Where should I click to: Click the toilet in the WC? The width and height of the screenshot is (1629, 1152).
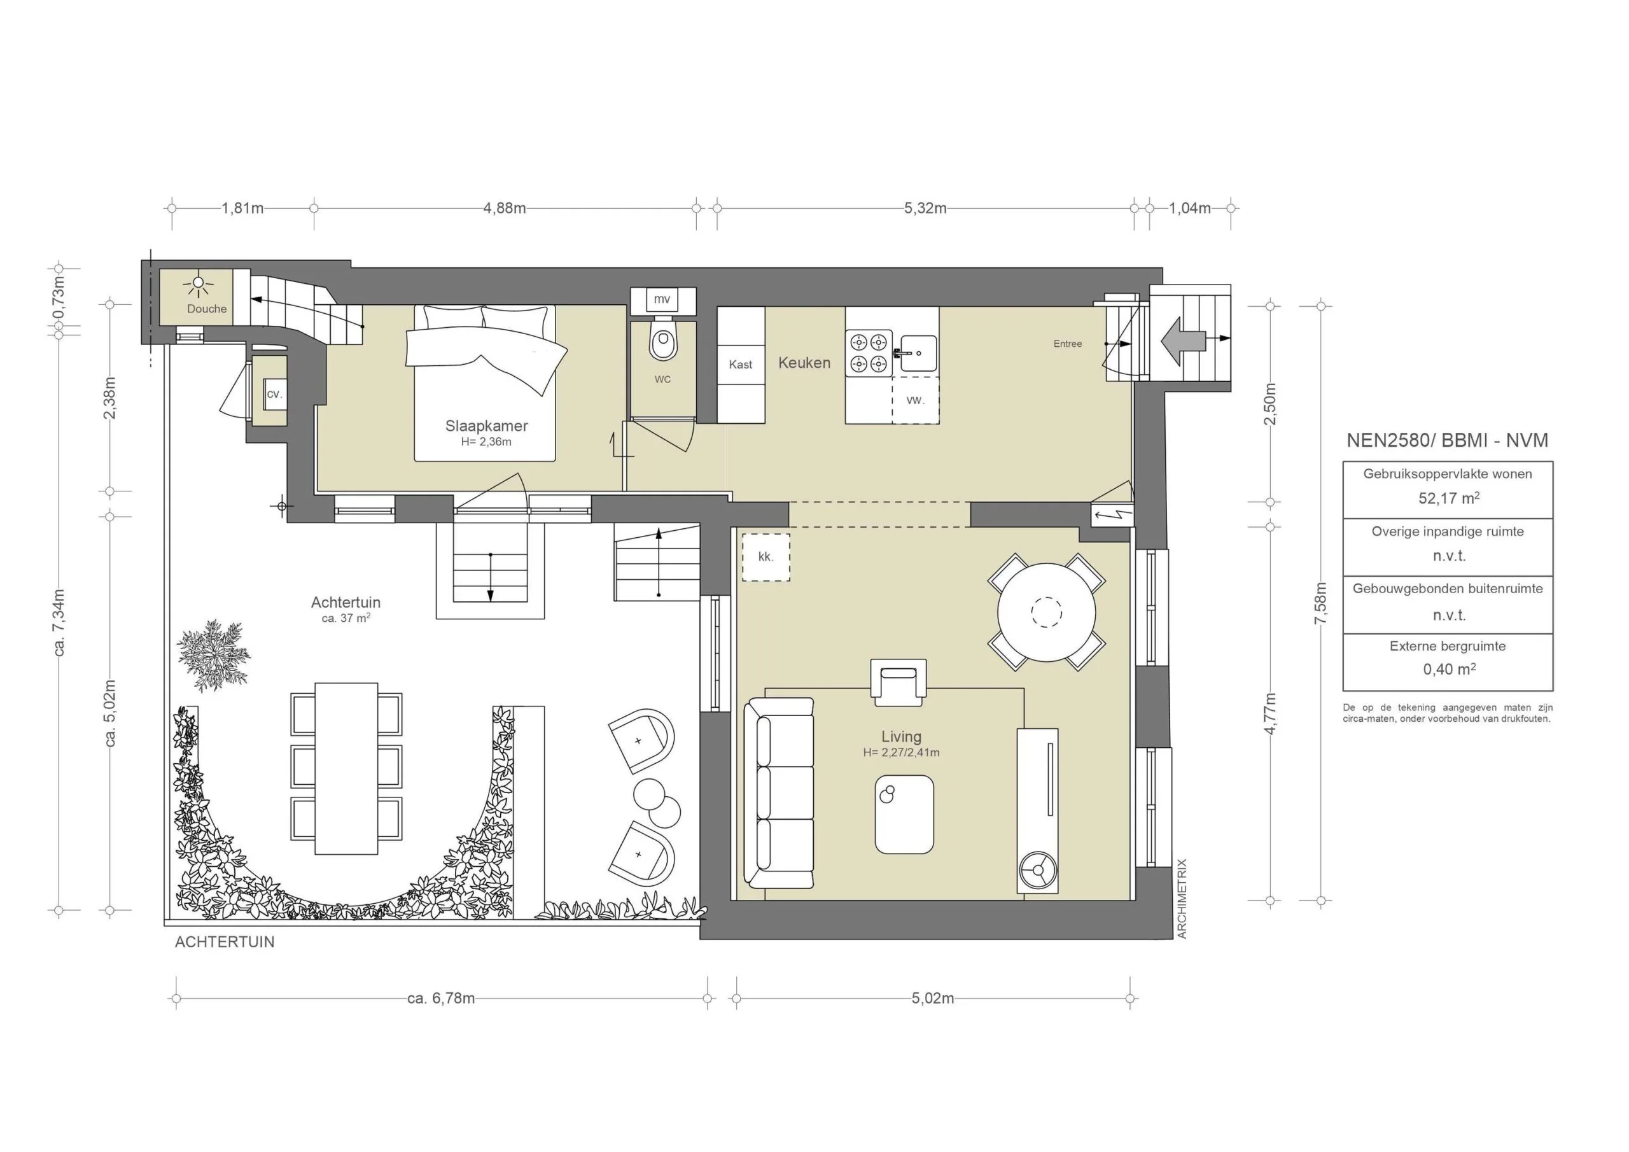[x=662, y=344]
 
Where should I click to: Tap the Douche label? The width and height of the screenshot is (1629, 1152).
[x=206, y=309]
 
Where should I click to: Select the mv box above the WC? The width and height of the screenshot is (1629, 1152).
[x=662, y=299]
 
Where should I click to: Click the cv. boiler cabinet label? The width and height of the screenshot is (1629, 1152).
[x=274, y=394]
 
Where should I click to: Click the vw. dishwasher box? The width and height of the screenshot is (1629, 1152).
[x=915, y=400]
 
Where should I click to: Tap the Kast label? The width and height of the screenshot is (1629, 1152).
[x=740, y=364]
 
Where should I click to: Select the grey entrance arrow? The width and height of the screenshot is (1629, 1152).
[x=1183, y=341]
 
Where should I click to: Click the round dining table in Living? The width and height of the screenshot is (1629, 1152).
[x=1047, y=612]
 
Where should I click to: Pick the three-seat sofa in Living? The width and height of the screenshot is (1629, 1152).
[x=779, y=792]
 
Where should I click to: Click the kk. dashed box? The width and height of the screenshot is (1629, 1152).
[x=766, y=557]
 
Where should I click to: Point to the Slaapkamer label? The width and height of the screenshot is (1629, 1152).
[x=486, y=426]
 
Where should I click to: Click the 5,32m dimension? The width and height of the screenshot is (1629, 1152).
[x=925, y=209]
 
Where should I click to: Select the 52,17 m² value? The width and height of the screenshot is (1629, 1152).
[x=1448, y=498]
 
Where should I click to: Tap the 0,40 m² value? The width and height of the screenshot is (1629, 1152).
[x=1449, y=670]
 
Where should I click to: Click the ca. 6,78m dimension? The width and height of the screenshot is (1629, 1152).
[x=440, y=998]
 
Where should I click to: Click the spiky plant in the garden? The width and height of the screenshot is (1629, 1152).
[x=213, y=655]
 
